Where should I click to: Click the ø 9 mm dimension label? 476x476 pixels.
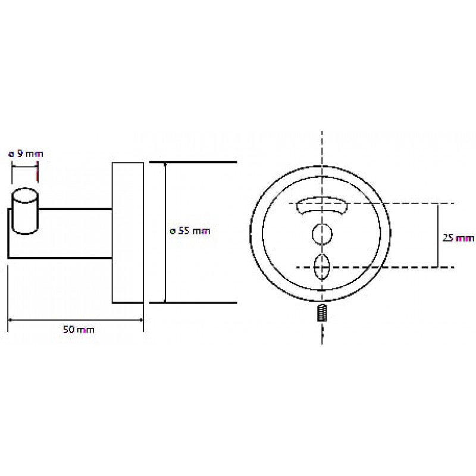pos(26,154)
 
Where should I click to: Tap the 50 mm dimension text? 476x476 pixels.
pos(79,330)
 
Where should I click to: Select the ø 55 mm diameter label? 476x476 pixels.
pos(190,231)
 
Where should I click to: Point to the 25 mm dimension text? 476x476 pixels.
pos(458,239)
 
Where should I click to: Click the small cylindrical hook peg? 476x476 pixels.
pos(25,211)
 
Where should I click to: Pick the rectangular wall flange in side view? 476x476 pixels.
pos(128,233)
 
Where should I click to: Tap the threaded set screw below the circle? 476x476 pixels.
pos(322,313)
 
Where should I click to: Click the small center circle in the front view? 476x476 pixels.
pos(322,234)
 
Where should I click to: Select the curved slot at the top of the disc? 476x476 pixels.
pos(322,206)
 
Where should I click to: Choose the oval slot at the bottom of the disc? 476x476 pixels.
pos(322,267)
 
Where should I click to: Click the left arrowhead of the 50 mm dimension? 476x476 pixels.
pos(10,320)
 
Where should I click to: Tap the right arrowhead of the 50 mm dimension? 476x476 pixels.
pos(140,320)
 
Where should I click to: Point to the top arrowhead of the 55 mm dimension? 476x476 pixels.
pos(165,165)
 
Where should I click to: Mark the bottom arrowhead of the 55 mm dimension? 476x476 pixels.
pos(165,300)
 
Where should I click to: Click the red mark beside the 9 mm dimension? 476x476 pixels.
pos(37,175)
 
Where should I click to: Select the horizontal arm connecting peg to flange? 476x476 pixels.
pos(75,233)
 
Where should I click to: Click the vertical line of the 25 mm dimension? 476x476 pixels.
pos(438,235)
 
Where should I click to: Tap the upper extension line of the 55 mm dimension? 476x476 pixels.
pos(193,162)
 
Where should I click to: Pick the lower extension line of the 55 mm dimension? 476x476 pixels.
pos(193,303)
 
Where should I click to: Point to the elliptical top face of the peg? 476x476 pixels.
pos(25,196)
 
